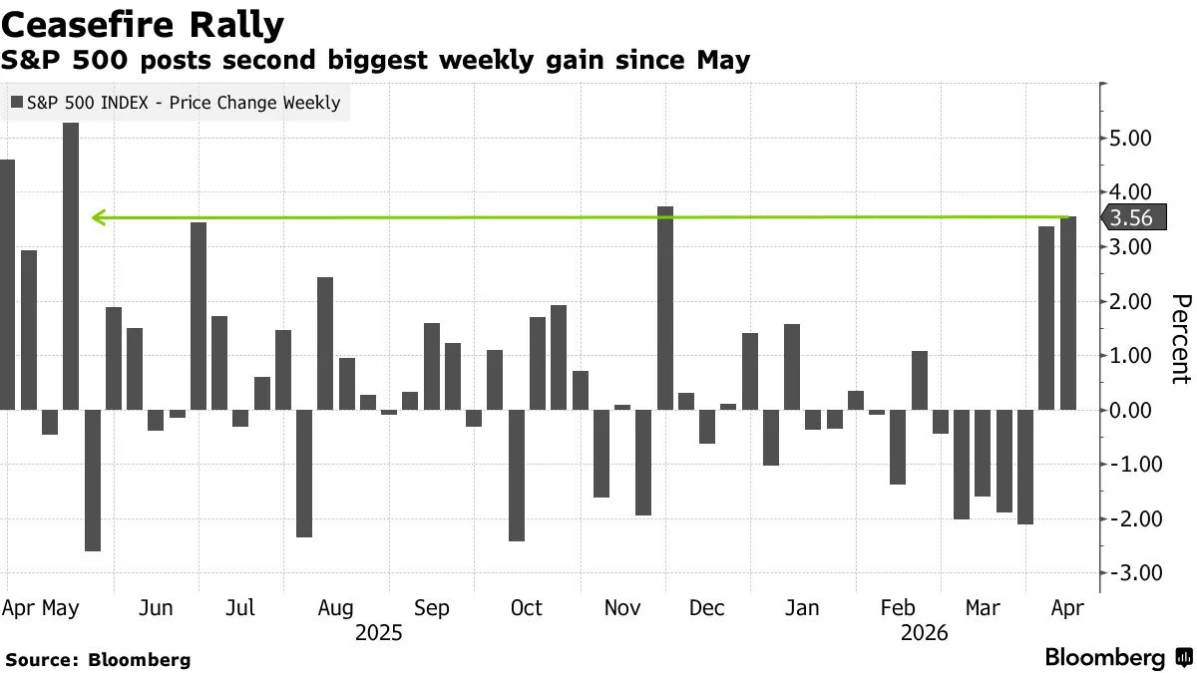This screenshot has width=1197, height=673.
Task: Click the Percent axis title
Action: (x=1180, y=339)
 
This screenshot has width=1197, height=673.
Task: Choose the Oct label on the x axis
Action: (x=526, y=608)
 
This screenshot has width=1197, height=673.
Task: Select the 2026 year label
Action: (x=924, y=633)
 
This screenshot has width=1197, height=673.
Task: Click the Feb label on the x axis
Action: (x=898, y=608)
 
